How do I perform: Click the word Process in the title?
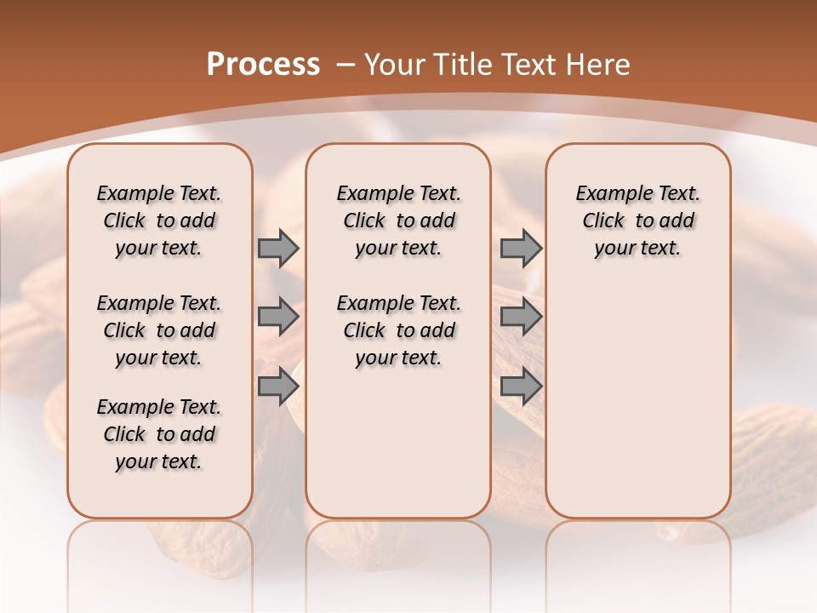(x=263, y=64)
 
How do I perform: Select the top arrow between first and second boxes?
(x=278, y=248)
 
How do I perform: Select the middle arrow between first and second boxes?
(x=278, y=317)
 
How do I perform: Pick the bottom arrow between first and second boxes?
(x=278, y=386)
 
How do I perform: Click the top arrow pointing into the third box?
(x=520, y=248)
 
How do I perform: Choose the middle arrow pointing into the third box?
(x=520, y=317)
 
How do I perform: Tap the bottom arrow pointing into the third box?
(x=520, y=386)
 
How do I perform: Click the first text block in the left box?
(x=159, y=221)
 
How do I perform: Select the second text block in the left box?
(x=159, y=330)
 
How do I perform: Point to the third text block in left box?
(x=159, y=434)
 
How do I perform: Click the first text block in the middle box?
(x=398, y=221)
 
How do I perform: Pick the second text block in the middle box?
(x=398, y=330)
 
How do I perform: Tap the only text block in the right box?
(x=637, y=221)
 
